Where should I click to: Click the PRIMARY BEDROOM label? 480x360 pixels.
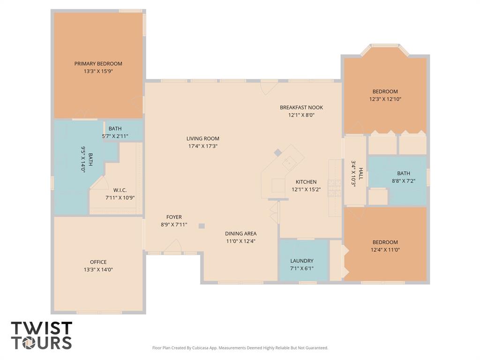click(98, 64)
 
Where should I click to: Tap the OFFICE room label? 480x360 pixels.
click(98, 262)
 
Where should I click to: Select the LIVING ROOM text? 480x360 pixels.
click(202, 138)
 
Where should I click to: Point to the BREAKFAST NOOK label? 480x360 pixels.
click(301, 107)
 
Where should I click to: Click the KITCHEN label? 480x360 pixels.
click(306, 182)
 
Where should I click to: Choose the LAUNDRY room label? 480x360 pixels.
click(302, 261)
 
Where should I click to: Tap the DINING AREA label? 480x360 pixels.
click(241, 233)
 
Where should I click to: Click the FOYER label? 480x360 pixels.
click(174, 217)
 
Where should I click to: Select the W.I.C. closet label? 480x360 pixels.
click(120, 190)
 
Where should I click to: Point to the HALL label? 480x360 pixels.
click(361, 173)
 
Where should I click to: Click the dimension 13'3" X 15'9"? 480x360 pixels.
click(98, 71)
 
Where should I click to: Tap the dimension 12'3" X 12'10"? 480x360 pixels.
click(385, 99)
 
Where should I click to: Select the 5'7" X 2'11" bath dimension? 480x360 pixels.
click(115, 136)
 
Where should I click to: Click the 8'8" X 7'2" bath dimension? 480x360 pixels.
click(404, 181)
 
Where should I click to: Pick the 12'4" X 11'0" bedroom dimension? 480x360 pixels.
click(385, 250)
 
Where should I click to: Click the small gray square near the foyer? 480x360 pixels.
click(202, 226)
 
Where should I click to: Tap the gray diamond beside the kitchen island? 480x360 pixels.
click(277, 152)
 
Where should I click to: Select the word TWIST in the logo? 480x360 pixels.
click(42, 328)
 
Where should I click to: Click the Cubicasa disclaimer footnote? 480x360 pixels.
click(240, 348)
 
